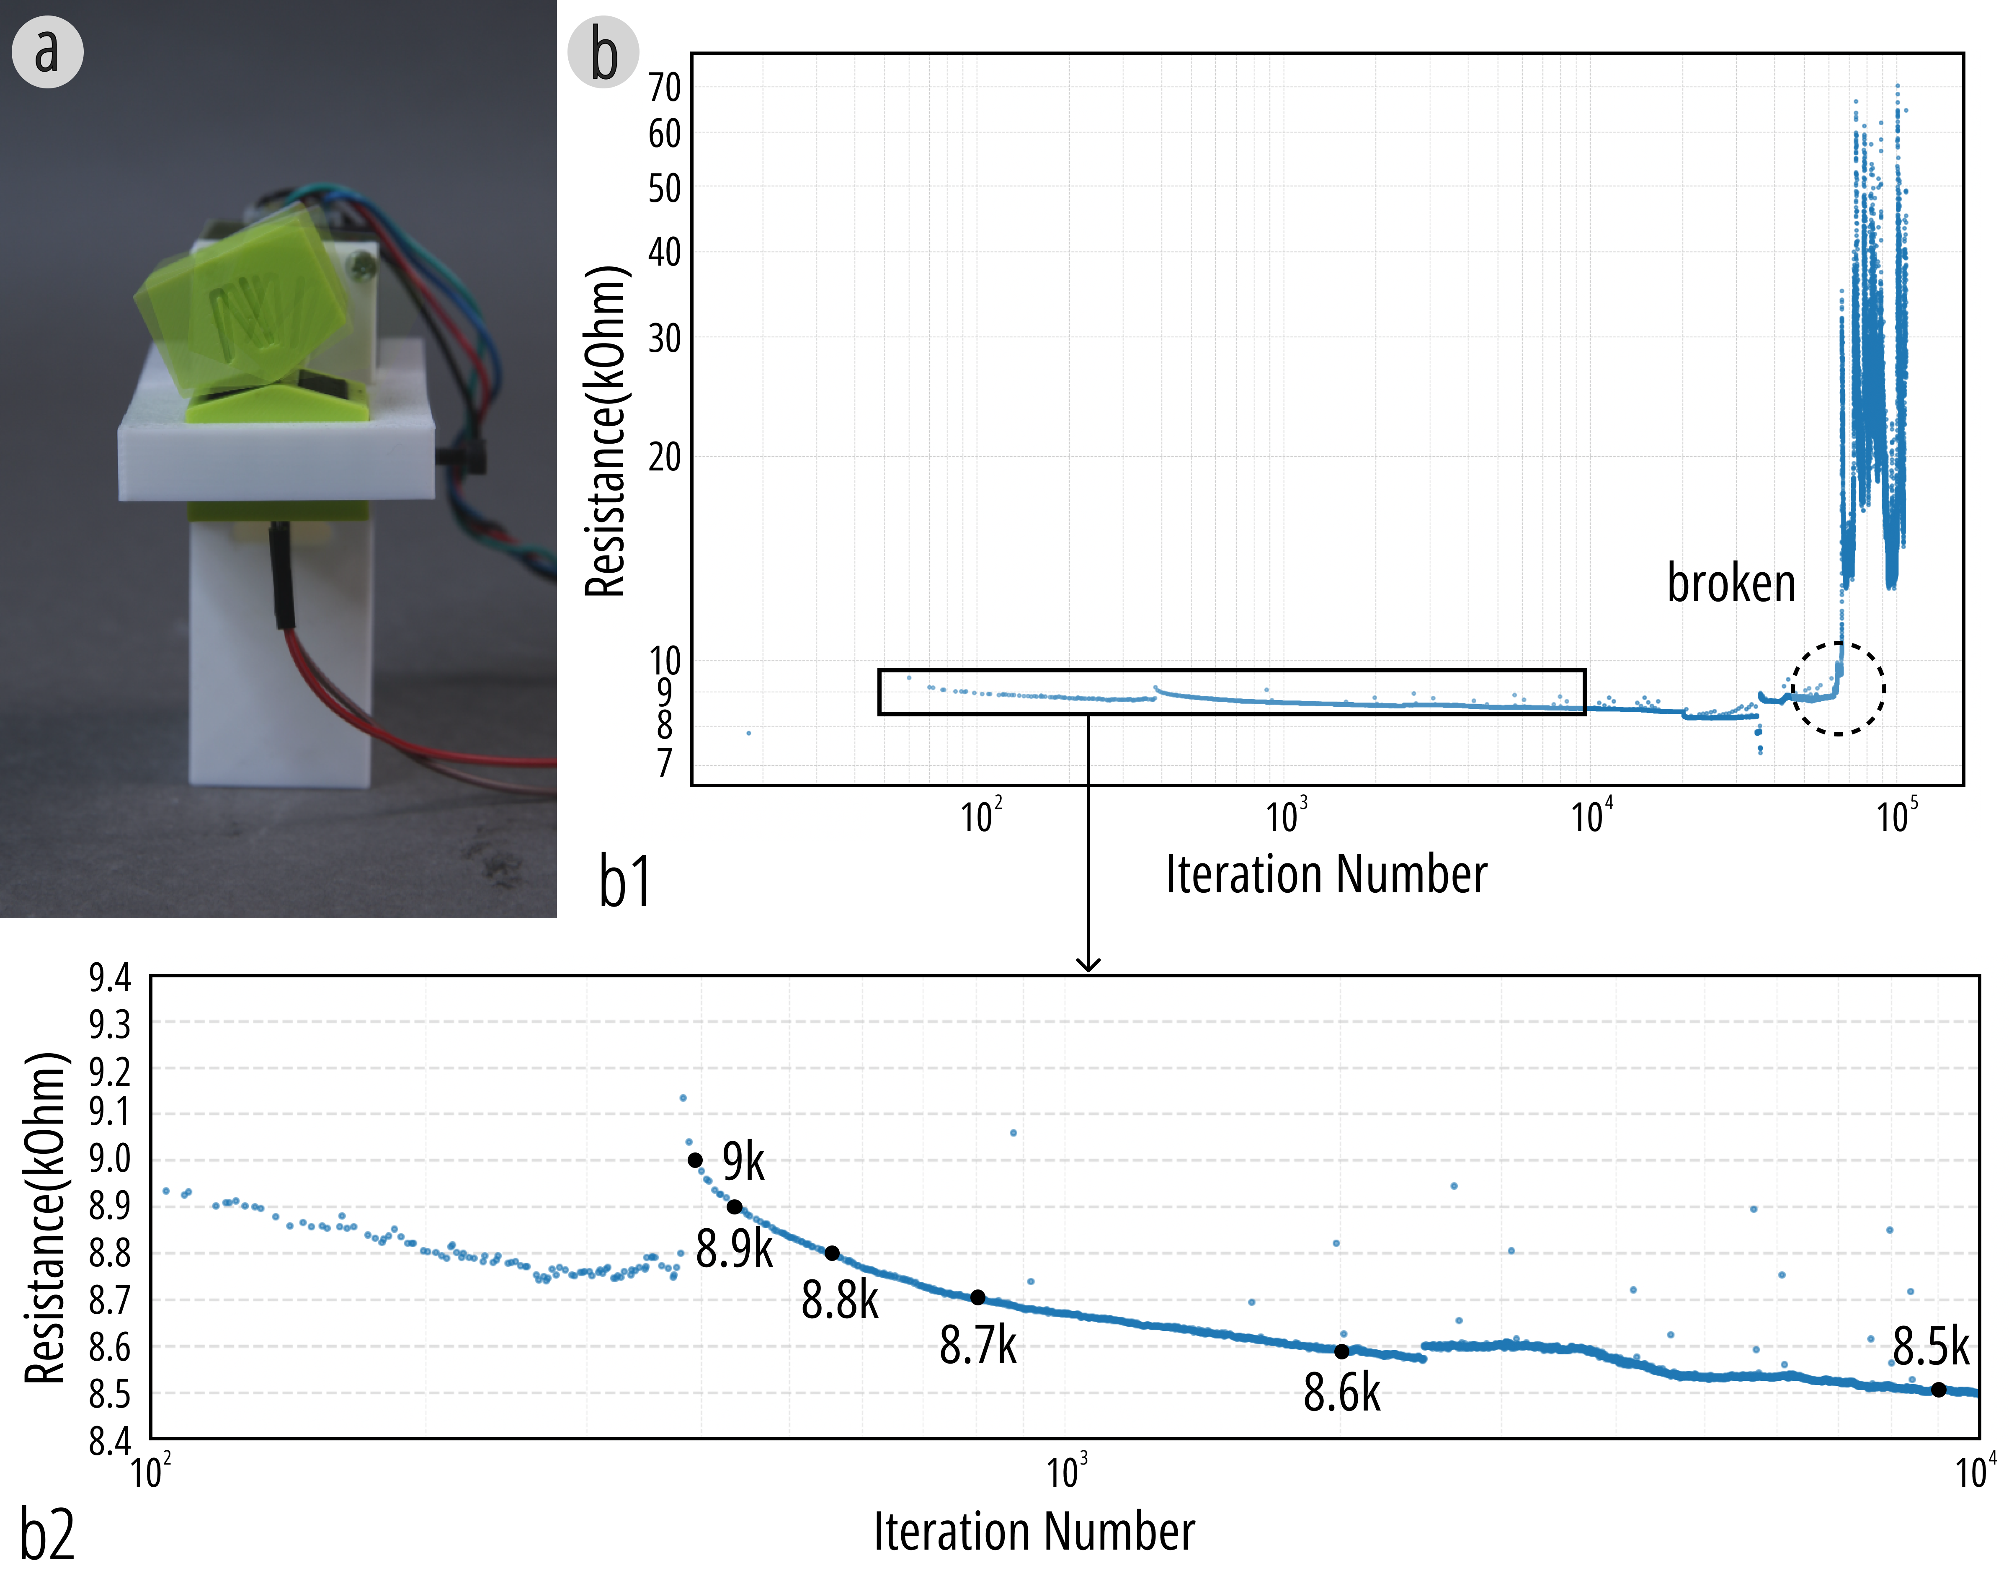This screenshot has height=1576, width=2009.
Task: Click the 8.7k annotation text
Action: (978, 1346)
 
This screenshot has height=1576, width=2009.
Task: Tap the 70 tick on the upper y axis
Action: (664, 88)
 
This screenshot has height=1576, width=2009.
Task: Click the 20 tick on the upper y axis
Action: (664, 457)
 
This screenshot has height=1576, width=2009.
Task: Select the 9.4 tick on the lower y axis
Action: (110, 978)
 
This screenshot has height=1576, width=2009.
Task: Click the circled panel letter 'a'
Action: (47, 52)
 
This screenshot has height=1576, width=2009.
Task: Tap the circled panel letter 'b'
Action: (603, 52)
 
